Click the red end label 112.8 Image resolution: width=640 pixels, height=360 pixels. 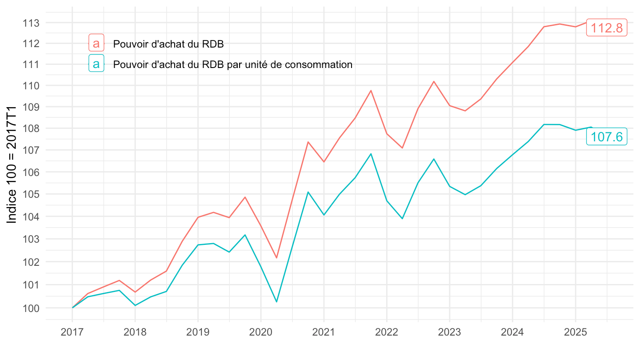[x=607, y=28]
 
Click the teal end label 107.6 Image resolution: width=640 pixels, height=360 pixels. [x=607, y=137]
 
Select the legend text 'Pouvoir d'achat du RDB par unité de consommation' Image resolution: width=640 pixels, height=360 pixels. [x=233, y=64]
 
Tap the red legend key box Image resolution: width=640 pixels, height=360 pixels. [x=96, y=43]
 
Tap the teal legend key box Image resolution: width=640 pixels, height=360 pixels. [x=96, y=64]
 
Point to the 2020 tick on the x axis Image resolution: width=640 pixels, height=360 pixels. [x=260, y=332]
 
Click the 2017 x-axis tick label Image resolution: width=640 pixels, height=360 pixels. [x=72, y=332]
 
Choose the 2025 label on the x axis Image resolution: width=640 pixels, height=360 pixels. [x=575, y=332]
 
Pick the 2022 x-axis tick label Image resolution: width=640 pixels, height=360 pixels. [x=387, y=332]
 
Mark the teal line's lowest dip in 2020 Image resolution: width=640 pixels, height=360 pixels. [x=276, y=302]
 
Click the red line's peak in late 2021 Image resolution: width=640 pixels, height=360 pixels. [x=371, y=91]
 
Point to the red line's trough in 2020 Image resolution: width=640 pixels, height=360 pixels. [x=276, y=258]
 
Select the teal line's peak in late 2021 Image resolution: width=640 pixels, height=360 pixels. [x=371, y=154]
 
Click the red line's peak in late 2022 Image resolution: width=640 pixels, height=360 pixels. [x=434, y=81]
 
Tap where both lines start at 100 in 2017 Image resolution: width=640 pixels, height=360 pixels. [x=72, y=308]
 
